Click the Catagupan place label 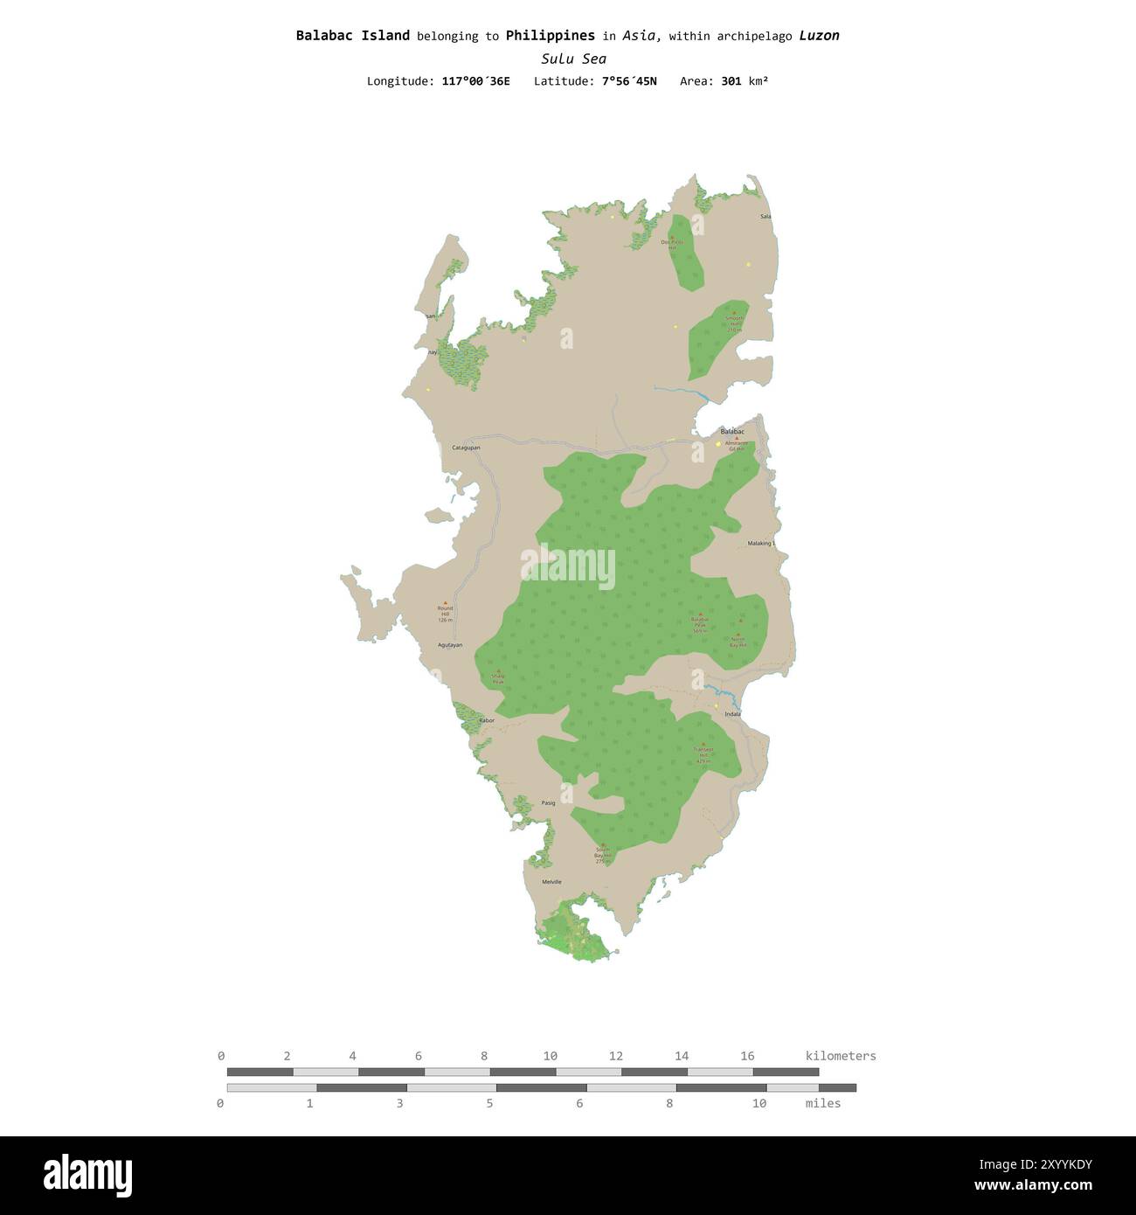coord(466,448)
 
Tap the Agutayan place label coord(450,645)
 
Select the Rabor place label coord(487,720)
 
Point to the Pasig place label coord(549,802)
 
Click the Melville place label coord(551,882)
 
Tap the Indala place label coord(732,714)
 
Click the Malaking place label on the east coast coord(760,544)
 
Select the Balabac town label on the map coord(732,432)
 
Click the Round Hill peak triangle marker coord(445,603)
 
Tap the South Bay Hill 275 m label coord(602,855)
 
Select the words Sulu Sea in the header coord(573,59)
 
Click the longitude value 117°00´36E coord(475,81)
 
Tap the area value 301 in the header coord(731,81)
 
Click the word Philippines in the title coord(550,36)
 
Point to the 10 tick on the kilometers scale coord(550,1056)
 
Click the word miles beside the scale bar coord(822,1103)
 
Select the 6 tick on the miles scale coord(579,1103)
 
